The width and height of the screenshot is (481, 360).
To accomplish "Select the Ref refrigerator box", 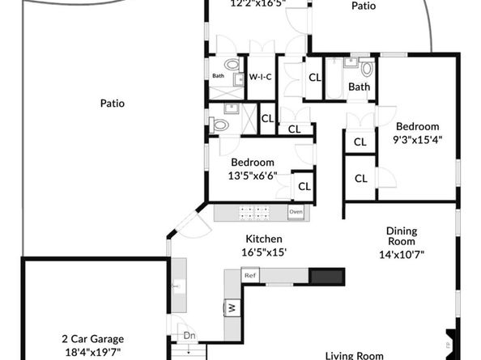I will pos(250,276).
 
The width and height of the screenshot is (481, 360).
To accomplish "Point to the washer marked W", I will pos(231,307).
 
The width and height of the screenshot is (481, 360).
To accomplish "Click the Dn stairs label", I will pos(189,335).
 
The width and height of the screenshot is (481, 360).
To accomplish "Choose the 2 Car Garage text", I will pos(92,339).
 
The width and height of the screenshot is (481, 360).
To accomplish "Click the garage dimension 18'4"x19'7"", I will pos(92,353).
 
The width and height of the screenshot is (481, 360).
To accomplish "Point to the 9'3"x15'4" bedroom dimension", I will pos(417,140).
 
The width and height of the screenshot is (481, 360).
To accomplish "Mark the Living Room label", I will pos(354,354).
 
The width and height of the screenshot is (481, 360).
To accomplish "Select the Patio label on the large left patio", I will pos(112,104).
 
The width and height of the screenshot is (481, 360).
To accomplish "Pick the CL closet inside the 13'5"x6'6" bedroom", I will pos(304,186).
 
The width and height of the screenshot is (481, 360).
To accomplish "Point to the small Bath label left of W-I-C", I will pos(218,77).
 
